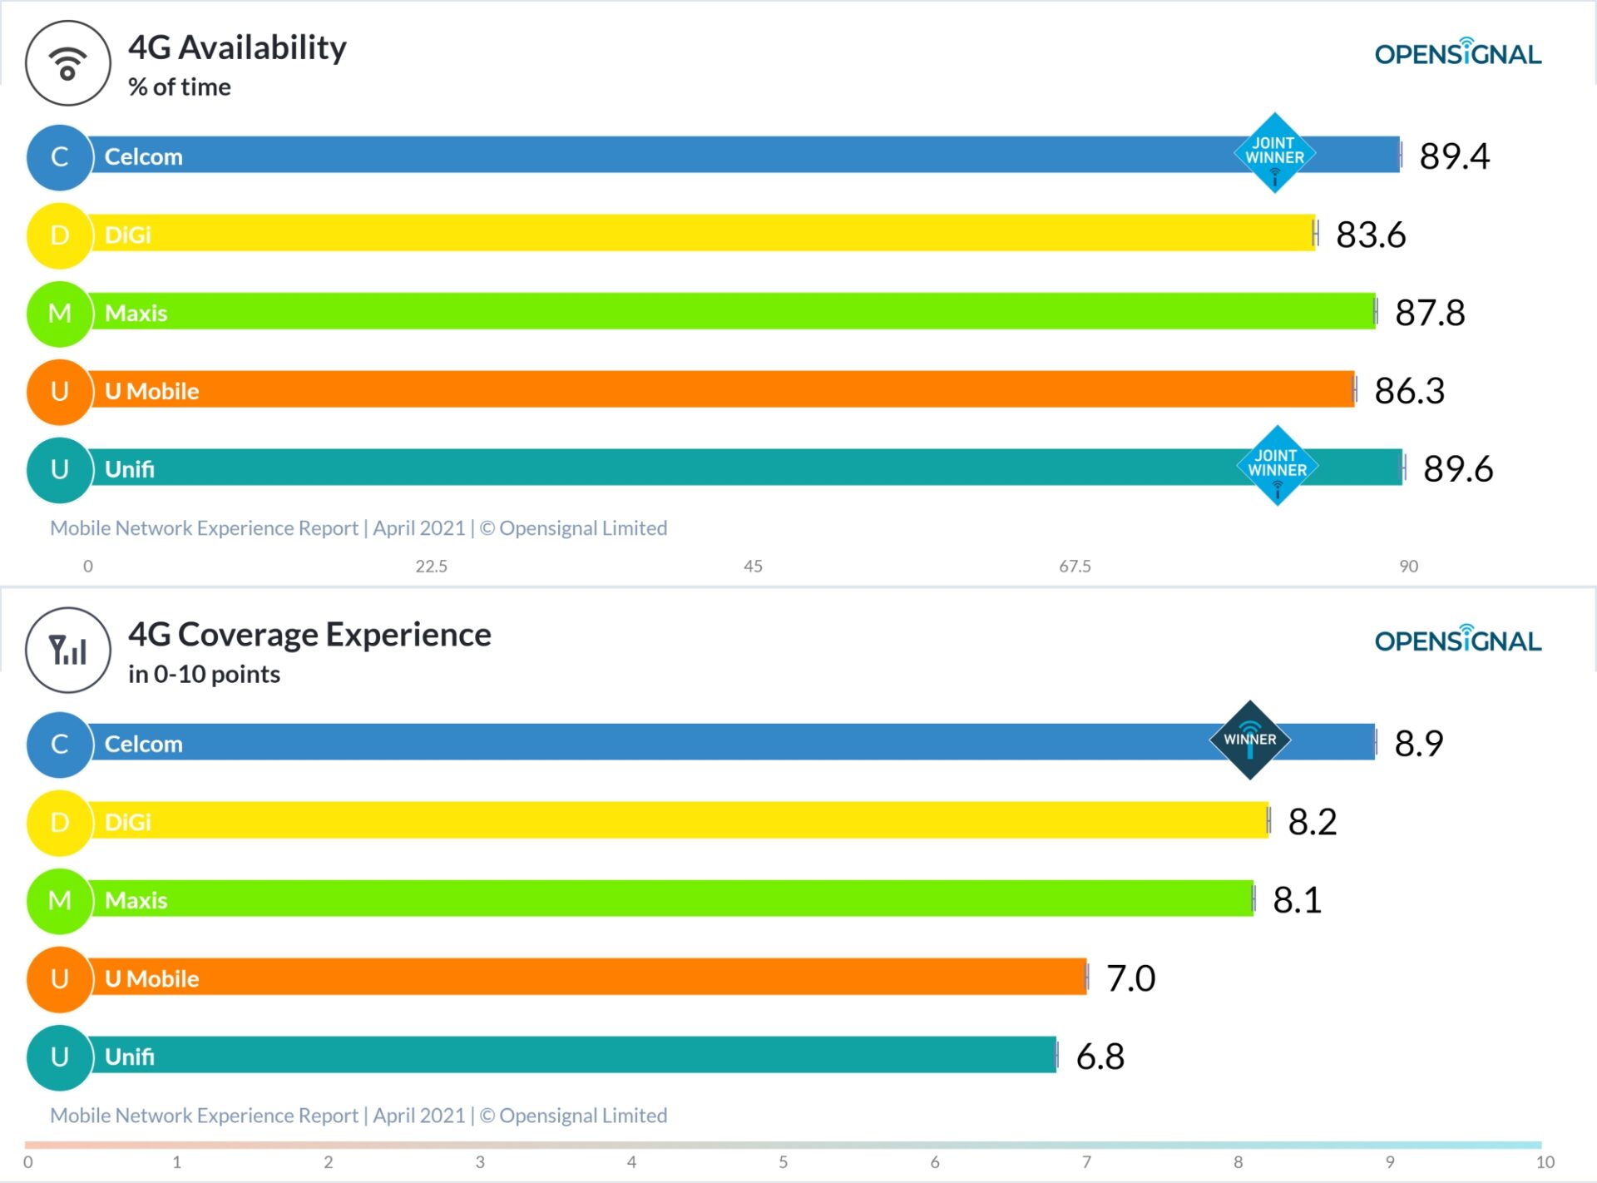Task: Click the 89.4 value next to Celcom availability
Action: point(1454,156)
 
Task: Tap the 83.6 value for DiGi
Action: point(1371,235)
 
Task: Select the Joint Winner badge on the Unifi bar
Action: point(1277,465)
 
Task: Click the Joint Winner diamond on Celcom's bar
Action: point(1274,153)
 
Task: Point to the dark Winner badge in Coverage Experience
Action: point(1249,740)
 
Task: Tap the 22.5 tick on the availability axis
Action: point(431,567)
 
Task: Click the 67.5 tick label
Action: point(1075,567)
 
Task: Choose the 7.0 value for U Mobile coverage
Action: point(1130,978)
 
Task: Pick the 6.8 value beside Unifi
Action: point(1100,1057)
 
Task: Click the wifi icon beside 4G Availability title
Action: point(68,64)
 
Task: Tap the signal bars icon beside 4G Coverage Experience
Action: point(68,650)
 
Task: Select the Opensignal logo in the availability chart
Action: point(1457,53)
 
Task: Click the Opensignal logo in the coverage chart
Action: point(1457,640)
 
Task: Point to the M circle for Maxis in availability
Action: point(59,314)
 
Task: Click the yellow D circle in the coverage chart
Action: point(59,822)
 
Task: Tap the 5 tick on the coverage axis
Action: point(783,1162)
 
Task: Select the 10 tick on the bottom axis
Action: point(1545,1162)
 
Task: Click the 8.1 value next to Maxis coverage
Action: point(1297,900)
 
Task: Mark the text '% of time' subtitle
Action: point(180,87)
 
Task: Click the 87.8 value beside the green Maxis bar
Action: point(1429,313)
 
